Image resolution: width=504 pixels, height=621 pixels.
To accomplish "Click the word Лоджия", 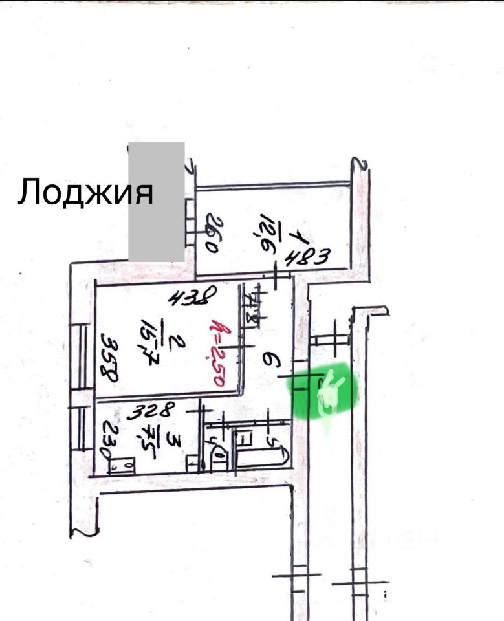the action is pos(85,192).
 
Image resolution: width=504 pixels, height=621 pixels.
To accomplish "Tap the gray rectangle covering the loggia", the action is pos(157,202).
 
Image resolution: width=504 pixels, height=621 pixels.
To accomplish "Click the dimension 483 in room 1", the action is pos(310,257).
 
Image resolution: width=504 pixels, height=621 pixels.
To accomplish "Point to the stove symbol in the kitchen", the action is pos(122,465).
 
